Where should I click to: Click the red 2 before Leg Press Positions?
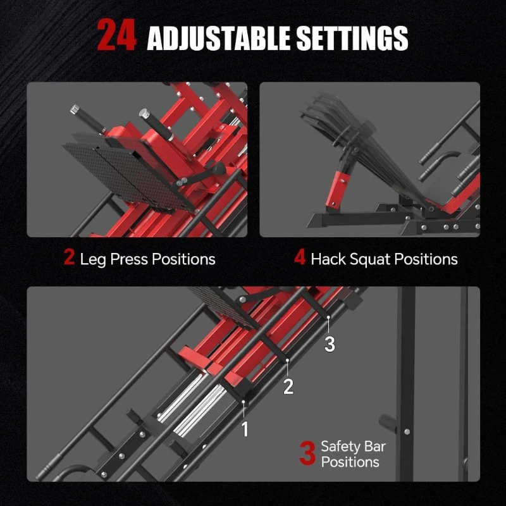point(69,258)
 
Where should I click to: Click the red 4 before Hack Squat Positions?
point(300,258)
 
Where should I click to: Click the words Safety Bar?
point(353,447)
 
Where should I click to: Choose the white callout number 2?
point(288,386)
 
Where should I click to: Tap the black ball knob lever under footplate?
point(219,170)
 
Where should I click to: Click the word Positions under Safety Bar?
point(350,462)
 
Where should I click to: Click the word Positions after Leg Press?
point(184,259)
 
